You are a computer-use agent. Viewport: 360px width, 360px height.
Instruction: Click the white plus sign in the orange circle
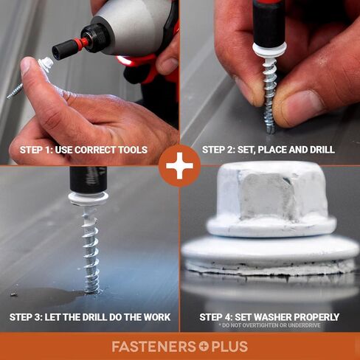coord(179,165)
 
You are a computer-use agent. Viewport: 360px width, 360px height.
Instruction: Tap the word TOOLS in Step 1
coord(133,150)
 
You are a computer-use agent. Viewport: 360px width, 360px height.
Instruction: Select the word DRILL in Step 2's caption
coord(322,150)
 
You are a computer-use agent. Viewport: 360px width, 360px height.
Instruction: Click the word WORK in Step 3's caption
coord(157,317)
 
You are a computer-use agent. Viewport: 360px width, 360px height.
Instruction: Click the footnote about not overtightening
coord(269,325)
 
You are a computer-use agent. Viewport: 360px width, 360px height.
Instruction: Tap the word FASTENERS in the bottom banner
coord(153,347)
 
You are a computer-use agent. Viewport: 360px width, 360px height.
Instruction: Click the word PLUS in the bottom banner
coord(229,347)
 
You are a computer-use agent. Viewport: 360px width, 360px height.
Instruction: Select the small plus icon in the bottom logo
coord(204,347)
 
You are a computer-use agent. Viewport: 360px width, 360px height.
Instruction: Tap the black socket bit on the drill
coord(65,50)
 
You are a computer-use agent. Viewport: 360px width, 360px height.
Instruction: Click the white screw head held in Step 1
coord(46,63)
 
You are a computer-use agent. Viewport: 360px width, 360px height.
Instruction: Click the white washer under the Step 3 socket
coord(89,198)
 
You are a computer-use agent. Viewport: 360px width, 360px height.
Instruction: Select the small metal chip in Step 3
coord(13,294)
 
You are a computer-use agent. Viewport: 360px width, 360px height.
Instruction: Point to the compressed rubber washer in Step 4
coord(271,268)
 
